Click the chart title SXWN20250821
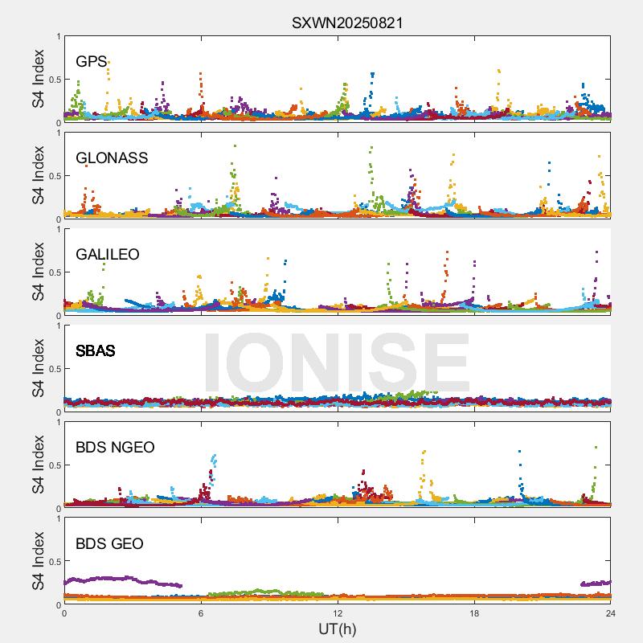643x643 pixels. [346, 23]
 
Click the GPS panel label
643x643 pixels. [92, 62]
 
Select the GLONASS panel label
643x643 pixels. [112, 158]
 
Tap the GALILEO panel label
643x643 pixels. [108, 255]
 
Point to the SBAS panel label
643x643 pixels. [96, 351]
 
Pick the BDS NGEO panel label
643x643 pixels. [115, 448]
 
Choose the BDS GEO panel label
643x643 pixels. [109, 544]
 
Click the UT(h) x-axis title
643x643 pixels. [337, 629]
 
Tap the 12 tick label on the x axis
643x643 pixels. [338, 612]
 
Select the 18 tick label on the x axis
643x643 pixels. [474, 612]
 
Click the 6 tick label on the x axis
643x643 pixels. [201, 612]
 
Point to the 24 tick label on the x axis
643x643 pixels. [610, 612]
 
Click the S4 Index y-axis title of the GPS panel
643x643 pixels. [38, 79]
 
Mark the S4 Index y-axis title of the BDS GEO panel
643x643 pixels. [38, 561]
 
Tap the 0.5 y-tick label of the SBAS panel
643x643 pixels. [52, 369]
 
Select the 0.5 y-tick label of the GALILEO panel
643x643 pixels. [52, 272]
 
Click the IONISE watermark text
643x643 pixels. [337, 362]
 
